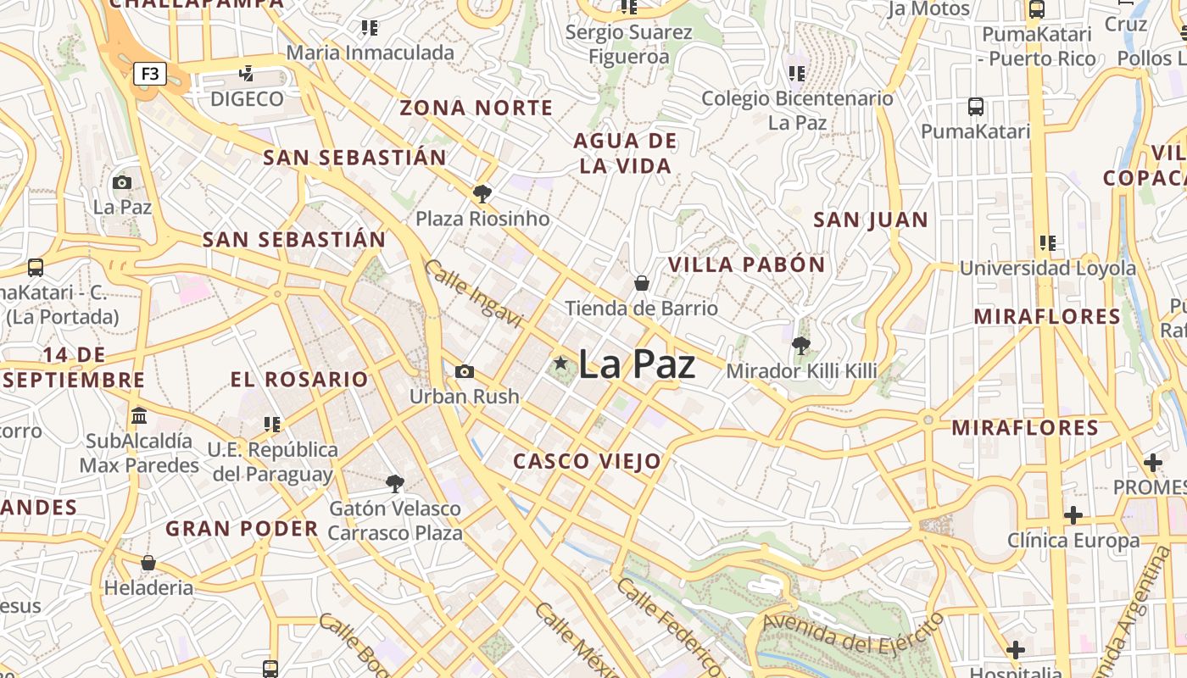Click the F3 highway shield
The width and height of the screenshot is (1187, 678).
point(149,74)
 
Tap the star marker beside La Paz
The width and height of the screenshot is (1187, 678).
point(560,364)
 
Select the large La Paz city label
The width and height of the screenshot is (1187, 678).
point(637,364)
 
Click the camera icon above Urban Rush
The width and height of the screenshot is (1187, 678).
point(464,371)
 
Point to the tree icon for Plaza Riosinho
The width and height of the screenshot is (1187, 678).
point(482,194)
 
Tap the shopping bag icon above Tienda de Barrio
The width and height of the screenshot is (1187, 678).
point(642,282)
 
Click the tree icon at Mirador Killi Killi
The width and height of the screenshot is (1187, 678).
point(800,345)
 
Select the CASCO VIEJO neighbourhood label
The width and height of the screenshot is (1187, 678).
point(587,461)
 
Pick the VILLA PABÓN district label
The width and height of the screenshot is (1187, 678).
point(746,264)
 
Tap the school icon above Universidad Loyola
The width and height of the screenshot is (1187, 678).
point(1047,243)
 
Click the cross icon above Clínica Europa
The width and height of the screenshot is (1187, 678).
point(1073,514)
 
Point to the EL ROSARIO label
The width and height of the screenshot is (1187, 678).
point(299,379)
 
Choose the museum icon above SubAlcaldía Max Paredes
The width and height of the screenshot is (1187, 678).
point(139,416)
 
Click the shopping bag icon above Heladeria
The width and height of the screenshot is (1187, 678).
point(148,563)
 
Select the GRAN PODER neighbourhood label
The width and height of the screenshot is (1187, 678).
point(242,529)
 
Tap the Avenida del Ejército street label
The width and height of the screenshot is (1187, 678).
point(852,635)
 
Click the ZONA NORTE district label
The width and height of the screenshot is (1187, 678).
point(476,108)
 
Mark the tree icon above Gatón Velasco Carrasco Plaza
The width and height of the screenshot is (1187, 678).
point(394,484)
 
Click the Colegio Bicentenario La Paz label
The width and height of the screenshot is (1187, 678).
point(796,110)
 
